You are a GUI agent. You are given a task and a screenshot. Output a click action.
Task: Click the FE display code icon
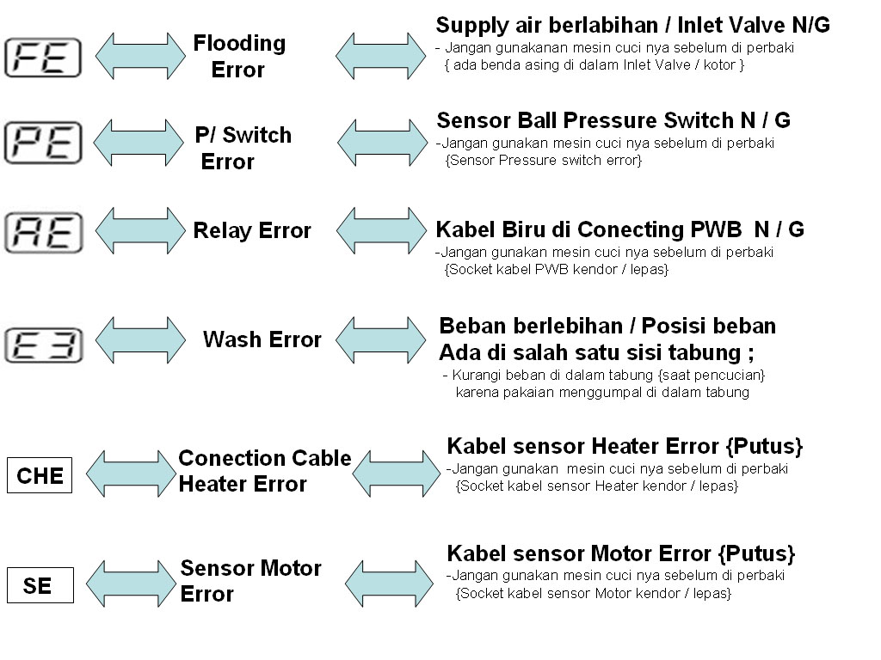click(42, 58)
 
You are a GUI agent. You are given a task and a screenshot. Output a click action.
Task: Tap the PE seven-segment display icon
click(42, 143)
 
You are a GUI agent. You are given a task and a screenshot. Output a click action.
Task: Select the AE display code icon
click(43, 233)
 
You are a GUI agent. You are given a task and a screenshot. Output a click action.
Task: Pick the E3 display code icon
click(42, 345)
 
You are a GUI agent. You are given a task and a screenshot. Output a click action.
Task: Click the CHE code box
click(40, 476)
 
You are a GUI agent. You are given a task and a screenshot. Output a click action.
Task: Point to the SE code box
click(40, 585)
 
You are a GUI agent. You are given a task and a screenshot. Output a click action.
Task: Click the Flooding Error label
click(238, 56)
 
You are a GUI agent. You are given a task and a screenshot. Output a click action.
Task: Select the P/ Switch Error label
click(242, 148)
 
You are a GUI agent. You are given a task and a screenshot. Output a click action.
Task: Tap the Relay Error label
click(252, 230)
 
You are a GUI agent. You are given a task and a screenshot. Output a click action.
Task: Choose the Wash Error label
click(262, 339)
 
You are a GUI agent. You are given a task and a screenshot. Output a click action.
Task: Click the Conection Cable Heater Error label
click(264, 471)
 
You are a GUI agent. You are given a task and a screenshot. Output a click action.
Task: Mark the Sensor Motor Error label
click(250, 581)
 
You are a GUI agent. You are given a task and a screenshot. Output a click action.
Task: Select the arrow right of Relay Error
click(380, 229)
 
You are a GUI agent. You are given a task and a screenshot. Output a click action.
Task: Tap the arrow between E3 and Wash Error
click(139, 339)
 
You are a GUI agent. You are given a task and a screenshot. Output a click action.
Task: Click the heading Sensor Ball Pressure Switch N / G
click(613, 119)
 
